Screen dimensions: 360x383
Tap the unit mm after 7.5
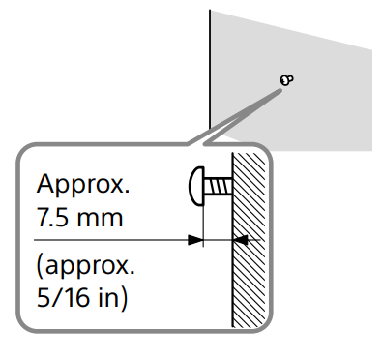point(103,216)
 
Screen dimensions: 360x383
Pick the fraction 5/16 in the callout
point(62,296)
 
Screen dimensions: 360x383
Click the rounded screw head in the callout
point(197,185)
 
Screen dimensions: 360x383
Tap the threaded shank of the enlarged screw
point(220,185)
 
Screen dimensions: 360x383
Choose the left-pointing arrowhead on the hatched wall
point(242,239)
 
